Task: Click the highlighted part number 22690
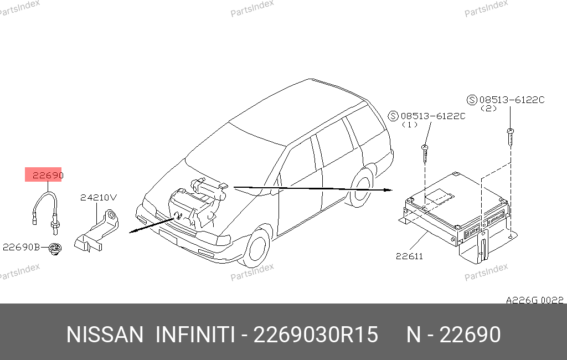[48, 176]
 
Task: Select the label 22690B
[22, 247]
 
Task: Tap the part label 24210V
[99, 198]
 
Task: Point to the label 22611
[409, 256]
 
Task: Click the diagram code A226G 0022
[534, 300]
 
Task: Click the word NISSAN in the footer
[105, 335]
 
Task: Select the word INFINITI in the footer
[195, 335]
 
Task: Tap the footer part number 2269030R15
[316, 335]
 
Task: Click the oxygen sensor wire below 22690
[45, 210]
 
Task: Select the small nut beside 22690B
[55, 249]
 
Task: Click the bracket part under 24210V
[97, 231]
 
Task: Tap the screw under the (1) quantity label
[425, 154]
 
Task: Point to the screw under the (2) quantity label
[510, 137]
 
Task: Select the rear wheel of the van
[361, 188]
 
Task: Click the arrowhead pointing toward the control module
[388, 190]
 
